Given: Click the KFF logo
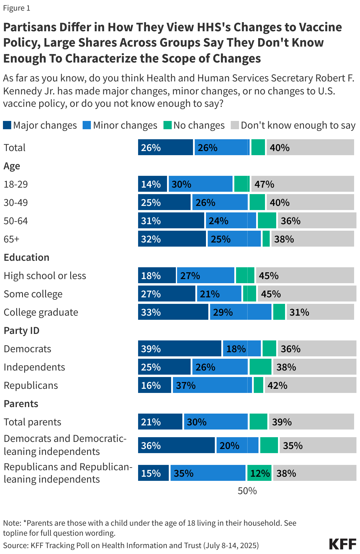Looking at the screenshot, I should (343, 544).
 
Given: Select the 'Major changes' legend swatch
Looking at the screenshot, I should (7, 125).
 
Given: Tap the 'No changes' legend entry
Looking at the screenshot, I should (194, 125).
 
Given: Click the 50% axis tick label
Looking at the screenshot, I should (247, 491).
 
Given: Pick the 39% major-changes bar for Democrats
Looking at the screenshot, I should (179, 348).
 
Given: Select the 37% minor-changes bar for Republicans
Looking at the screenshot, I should (212, 385).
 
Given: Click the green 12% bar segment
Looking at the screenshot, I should (259, 473).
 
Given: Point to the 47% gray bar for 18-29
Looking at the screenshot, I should (302, 184).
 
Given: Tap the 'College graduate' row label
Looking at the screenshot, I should (41, 312).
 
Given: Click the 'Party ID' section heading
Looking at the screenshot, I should (21, 330).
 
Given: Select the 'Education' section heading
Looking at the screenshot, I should (26, 257).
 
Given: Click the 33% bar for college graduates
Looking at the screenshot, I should (173, 312).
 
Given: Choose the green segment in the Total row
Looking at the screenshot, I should (258, 147).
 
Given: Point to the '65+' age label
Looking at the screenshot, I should (11, 239).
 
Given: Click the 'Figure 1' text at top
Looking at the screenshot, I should (17, 8).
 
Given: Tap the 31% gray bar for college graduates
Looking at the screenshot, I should (320, 312).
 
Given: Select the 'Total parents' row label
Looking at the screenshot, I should (32, 422).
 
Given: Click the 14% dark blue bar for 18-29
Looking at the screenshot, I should (152, 184).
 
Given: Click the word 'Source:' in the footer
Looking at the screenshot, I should (16, 545).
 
